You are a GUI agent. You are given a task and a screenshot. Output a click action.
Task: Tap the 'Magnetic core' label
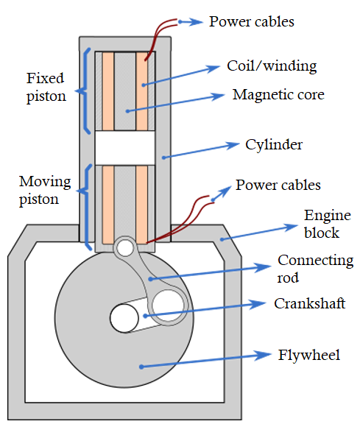click(278, 95)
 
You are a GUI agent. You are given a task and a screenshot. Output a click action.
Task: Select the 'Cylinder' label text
click(273, 144)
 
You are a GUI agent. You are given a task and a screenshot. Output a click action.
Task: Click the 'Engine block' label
click(322, 224)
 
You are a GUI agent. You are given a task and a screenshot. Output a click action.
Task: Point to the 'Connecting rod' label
click(315, 269)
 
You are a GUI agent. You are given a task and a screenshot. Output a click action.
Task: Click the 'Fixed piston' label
click(46, 86)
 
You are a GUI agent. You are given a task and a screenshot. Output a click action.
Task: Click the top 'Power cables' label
click(251, 21)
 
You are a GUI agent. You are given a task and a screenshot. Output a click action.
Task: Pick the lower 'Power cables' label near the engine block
click(278, 184)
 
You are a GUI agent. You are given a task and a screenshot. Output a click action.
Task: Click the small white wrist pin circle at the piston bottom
click(125, 247)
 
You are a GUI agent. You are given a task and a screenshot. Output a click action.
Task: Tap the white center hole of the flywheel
click(124, 318)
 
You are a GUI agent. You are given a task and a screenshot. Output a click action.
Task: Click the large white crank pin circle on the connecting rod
click(169, 303)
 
